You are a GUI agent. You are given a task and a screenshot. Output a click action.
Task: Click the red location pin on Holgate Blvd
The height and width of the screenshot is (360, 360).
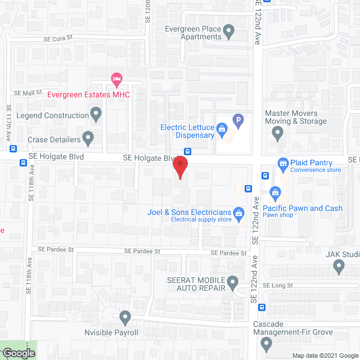pyautogui.click(x=180, y=168)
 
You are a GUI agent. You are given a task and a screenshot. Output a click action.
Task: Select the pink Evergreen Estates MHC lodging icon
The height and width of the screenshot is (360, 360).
pyautogui.click(x=116, y=77)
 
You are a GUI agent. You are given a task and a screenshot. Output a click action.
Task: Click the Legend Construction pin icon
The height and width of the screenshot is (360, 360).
pyautogui.click(x=96, y=115)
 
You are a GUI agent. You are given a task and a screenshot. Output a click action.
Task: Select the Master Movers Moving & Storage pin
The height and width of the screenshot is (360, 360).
pyautogui.click(x=277, y=133)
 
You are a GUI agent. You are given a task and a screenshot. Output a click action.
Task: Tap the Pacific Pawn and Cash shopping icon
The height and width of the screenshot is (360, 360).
pyautogui.click(x=275, y=193)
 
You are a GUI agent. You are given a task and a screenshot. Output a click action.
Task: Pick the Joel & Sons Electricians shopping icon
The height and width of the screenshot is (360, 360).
pyautogui.click(x=239, y=213)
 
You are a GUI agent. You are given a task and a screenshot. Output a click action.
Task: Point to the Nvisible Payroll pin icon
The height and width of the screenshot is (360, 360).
pyautogui.click(x=125, y=318)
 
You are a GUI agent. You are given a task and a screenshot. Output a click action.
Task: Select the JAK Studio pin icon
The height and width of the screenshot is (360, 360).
pyautogui.click(x=339, y=268)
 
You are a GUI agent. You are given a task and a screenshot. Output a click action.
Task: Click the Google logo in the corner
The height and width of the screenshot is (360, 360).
pyautogui.click(x=19, y=353)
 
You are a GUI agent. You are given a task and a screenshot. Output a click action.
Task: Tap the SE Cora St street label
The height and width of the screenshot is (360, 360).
pyautogui.click(x=58, y=39)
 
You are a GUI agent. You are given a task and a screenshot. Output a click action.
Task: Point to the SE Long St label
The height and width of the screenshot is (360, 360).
pyautogui.click(x=278, y=286)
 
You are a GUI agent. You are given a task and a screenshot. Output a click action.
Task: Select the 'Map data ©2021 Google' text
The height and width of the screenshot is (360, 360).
pyautogui.click(x=324, y=355)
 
